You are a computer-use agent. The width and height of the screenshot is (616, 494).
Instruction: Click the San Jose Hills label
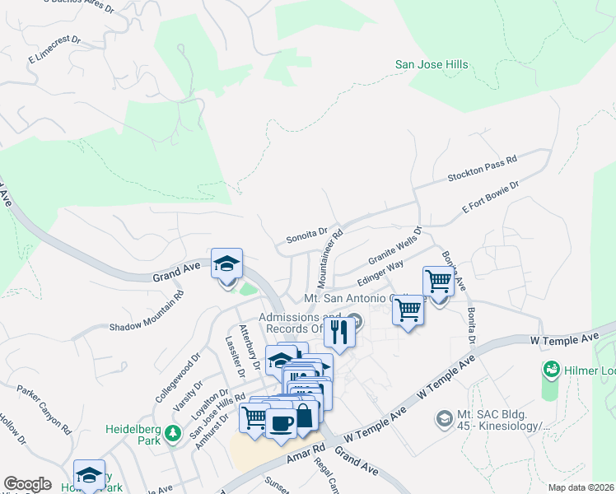(432, 64)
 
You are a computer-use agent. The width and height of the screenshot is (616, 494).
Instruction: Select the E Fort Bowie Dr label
(491, 198)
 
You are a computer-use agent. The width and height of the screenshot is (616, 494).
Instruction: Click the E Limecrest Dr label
(54, 49)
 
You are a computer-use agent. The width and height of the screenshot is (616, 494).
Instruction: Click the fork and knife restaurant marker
(340, 331)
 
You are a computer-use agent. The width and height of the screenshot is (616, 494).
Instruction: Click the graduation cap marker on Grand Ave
(226, 263)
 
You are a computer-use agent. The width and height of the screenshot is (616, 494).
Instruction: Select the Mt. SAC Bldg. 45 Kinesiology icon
(445, 419)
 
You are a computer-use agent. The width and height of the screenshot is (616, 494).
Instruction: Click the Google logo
(27, 484)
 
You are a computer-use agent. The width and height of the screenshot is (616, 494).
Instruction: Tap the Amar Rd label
(305, 451)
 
